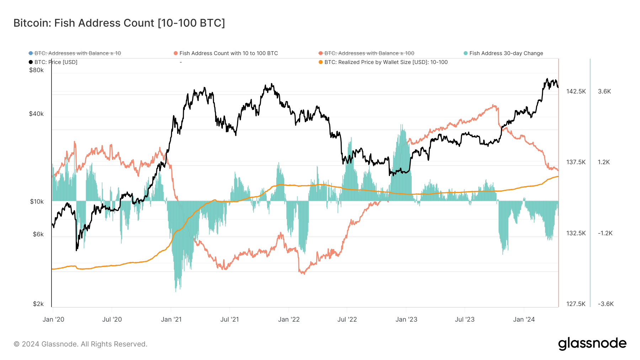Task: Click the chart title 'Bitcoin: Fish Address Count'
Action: pyautogui.click(x=119, y=23)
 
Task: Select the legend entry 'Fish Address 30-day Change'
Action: pyautogui.click(x=506, y=53)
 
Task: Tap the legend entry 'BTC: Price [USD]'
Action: pyautogui.click(x=56, y=62)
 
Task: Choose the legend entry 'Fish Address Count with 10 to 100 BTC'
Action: pyautogui.click(x=228, y=53)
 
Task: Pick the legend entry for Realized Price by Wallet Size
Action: pyautogui.click(x=386, y=62)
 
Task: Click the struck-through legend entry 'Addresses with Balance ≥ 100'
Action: pyautogui.click(x=369, y=53)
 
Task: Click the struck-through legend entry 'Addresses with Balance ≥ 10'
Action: pyautogui.click(x=78, y=53)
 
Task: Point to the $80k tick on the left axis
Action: pyautogui.click(x=36, y=70)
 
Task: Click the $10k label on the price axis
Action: pyautogui.click(x=37, y=202)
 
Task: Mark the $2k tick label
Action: pyautogui.click(x=38, y=304)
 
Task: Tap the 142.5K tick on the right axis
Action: pyautogui.click(x=576, y=91)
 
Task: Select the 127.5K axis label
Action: pyautogui.click(x=576, y=304)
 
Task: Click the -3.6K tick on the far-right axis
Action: pyautogui.click(x=606, y=304)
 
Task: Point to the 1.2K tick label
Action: pyautogui.click(x=604, y=162)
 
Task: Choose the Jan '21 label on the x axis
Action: pyautogui.click(x=171, y=319)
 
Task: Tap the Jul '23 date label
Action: pyautogui.click(x=465, y=319)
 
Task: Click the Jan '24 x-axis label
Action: pyautogui.click(x=524, y=319)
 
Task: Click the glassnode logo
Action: pyautogui.click(x=592, y=344)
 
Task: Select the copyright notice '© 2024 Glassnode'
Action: pyautogui.click(x=80, y=344)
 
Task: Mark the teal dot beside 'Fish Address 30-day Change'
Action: pyautogui.click(x=465, y=53)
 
